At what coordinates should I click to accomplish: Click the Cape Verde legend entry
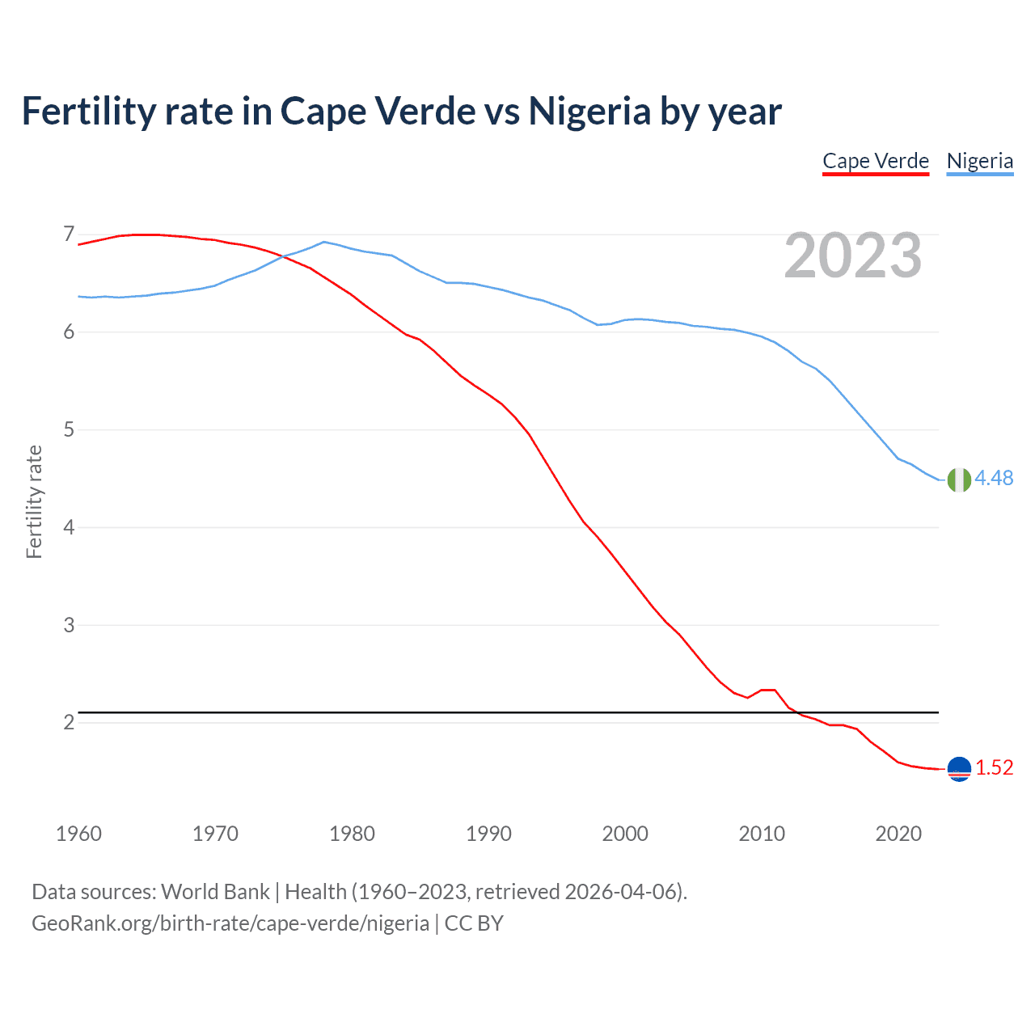(x=876, y=161)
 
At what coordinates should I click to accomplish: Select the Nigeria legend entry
(x=979, y=161)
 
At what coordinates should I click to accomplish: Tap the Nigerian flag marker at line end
(x=959, y=479)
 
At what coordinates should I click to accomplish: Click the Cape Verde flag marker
(x=959, y=769)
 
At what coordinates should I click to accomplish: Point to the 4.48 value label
(x=994, y=479)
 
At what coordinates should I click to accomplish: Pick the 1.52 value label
(x=994, y=768)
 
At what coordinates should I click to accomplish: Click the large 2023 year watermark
(x=853, y=256)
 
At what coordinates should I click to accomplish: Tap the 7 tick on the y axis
(x=69, y=234)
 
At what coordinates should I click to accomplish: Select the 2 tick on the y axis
(x=69, y=722)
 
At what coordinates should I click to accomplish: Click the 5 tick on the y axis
(x=69, y=429)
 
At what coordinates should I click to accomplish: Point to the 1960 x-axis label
(x=78, y=834)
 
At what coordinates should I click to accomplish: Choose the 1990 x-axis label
(x=488, y=834)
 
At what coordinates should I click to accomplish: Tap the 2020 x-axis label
(x=898, y=834)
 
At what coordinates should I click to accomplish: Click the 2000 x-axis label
(x=625, y=834)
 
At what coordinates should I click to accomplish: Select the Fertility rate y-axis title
(x=34, y=501)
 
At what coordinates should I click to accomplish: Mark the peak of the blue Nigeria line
(x=324, y=241)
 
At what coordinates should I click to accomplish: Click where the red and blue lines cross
(x=284, y=257)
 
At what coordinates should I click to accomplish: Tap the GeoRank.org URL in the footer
(x=230, y=923)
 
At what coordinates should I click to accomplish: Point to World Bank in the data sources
(x=215, y=892)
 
